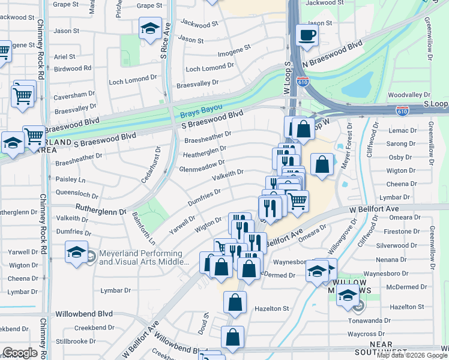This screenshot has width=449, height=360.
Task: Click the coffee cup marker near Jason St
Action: (x=307, y=34)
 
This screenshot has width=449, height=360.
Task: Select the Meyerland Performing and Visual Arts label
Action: (x=143, y=257)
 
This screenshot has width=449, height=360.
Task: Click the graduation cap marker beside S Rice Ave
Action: (x=150, y=28)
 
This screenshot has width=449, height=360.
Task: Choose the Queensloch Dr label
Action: (x=77, y=194)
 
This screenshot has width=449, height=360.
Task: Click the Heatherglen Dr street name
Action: (x=204, y=152)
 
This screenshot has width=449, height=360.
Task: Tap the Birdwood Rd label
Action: (x=73, y=68)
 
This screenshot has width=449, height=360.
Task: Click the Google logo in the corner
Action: (x=20, y=353)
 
